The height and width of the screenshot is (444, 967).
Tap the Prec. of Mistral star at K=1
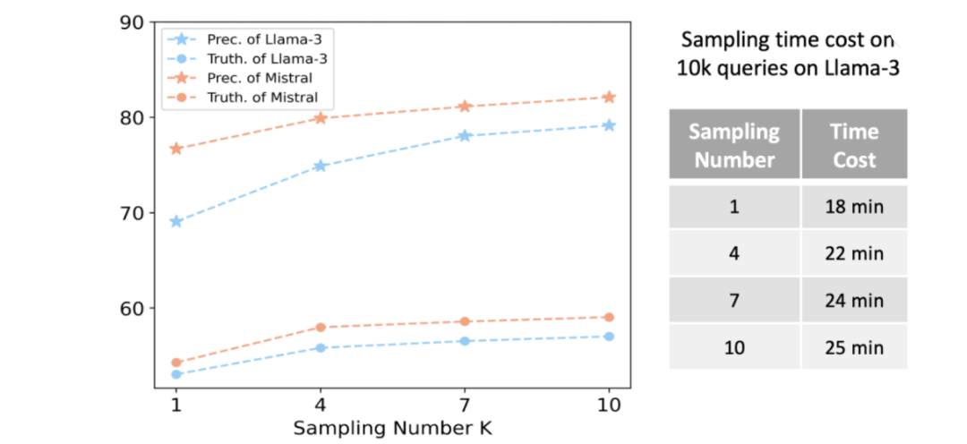[x=175, y=149]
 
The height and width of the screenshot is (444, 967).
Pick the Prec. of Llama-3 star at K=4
[x=320, y=166]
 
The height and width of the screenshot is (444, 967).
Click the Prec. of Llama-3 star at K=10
[x=610, y=126]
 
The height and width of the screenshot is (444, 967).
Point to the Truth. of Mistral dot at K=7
[x=465, y=321]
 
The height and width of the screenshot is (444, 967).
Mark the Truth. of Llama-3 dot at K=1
[x=175, y=374]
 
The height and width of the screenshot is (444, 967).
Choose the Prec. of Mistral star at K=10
[x=610, y=97]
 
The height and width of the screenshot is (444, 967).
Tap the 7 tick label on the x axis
[x=465, y=405]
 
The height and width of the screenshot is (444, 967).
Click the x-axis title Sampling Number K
[x=392, y=428]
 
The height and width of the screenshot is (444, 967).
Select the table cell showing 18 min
[x=854, y=206]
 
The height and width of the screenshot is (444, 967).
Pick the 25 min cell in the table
[x=854, y=347]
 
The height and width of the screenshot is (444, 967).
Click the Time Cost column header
[x=854, y=145]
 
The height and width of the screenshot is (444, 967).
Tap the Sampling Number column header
[x=734, y=145]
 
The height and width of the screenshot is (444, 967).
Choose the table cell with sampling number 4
[x=734, y=252]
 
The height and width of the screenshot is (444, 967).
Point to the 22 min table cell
[x=854, y=252]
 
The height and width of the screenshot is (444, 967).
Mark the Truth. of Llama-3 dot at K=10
[x=610, y=336]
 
